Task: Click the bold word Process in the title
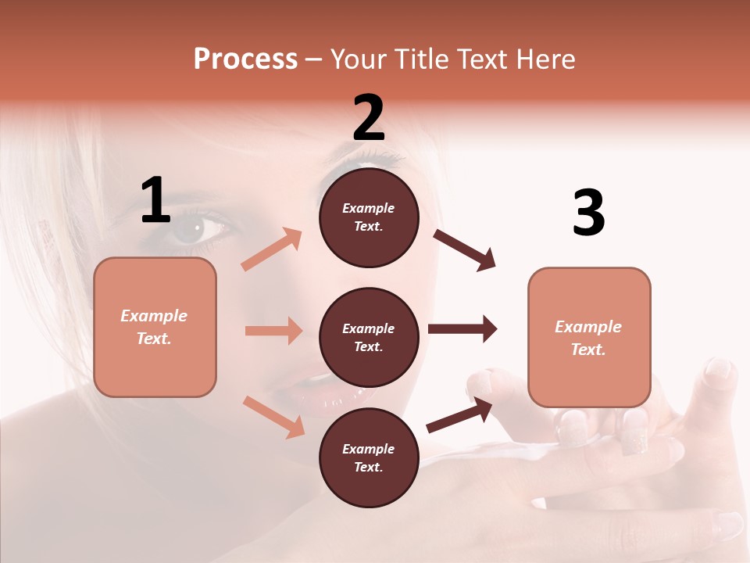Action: tap(245, 59)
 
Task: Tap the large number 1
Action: tap(155, 201)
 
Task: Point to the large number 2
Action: tap(369, 118)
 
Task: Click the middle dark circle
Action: tap(369, 337)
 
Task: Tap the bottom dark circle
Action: tap(369, 457)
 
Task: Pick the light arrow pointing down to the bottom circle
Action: tap(273, 416)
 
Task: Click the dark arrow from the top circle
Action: tap(464, 249)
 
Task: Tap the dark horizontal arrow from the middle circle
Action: tap(462, 328)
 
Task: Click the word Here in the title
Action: tap(547, 59)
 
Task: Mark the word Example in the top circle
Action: tap(369, 208)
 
